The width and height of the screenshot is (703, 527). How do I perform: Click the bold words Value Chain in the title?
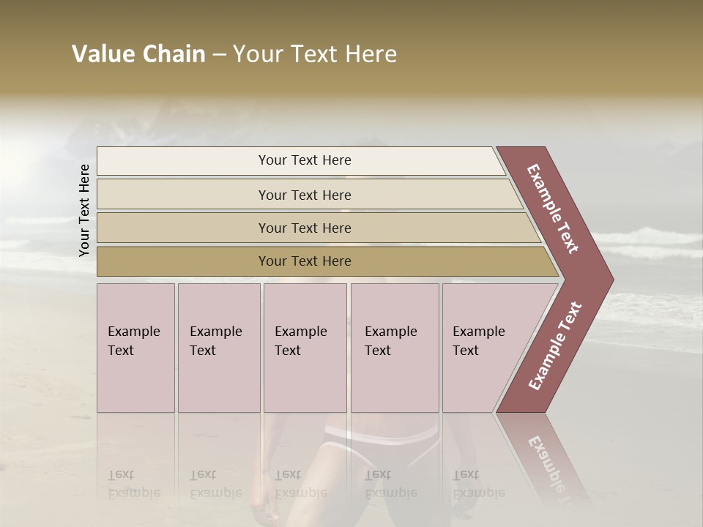pyautogui.click(x=138, y=54)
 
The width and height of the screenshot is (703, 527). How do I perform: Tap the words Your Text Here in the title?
pyautogui.click(x=314, y=54)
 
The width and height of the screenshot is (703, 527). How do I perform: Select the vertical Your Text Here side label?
pyautogui.click(x=84, y=210)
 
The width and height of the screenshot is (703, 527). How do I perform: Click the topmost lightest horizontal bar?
pyautogui.click(x=183, y=161)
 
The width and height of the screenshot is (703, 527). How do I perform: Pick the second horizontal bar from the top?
pyautogui.click(x=183, y=195)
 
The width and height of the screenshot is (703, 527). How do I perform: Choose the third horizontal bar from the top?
pyautogui.click(x=183, y=228)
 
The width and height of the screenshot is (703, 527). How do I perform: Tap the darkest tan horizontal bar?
pyautogui.click(x=183, y=261)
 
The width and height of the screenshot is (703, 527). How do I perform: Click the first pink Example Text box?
pyautogui.click(x=135, y=348)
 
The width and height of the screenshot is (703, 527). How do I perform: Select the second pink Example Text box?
pyautogui.click(x=218, y=348)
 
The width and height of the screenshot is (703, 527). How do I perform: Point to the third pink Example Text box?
pyautogui.click(x=305, y=348)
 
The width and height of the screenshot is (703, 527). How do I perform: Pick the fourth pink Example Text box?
pyautogui.click(x=394, y=348)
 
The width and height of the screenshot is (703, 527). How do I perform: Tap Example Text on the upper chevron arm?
pyautogui.click(x=553, y=209)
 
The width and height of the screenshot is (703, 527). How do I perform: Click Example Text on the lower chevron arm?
pyautogui.click(x=555, y=345)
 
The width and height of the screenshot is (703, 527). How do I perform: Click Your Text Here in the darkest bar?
pyautogui.click(x=305, y=261)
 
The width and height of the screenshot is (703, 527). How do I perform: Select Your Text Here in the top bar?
pyautogui.click(x=305, y=160)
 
